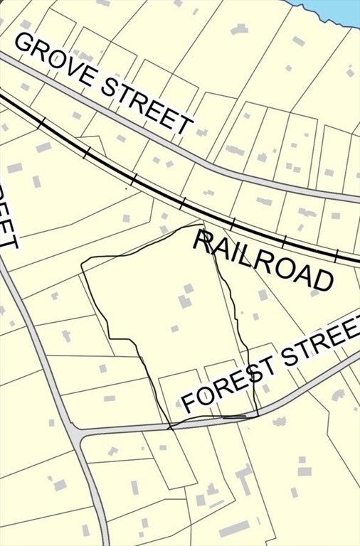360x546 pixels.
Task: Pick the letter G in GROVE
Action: point(24,45)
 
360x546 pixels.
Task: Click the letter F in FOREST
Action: point(189,403)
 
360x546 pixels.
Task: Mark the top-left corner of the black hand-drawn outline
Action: point(82,265)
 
